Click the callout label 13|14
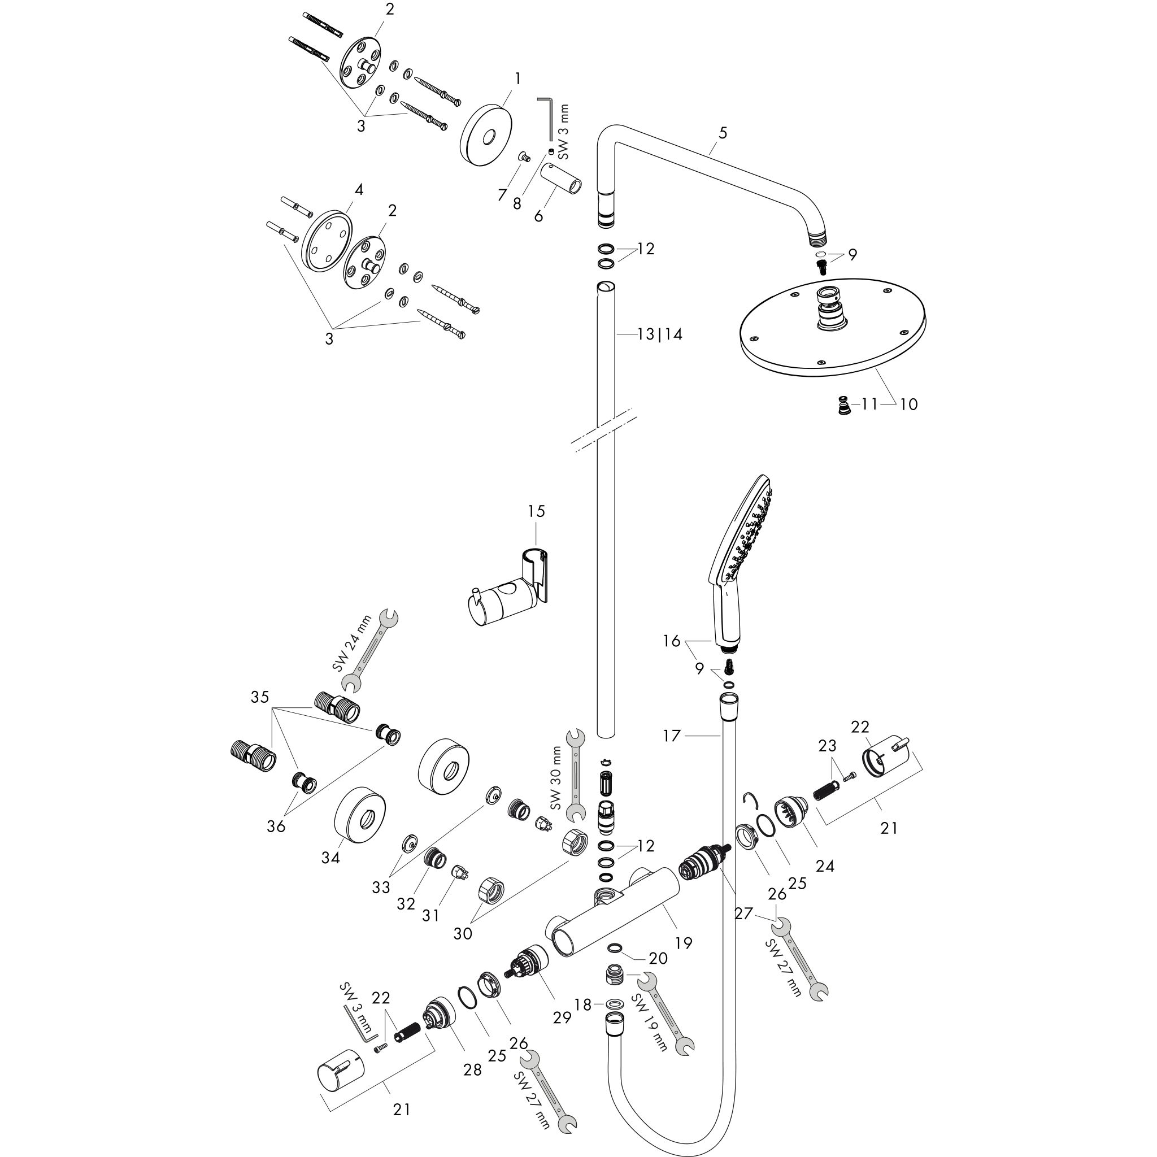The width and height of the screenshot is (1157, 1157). tap(659, 334)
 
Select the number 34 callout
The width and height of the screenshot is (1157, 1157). tap(330, 858)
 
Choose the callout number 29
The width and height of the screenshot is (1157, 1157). tap(562, 1017)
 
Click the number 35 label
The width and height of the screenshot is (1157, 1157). tap(260, 697)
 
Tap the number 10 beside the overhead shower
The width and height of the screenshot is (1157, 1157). tap(908, 404)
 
